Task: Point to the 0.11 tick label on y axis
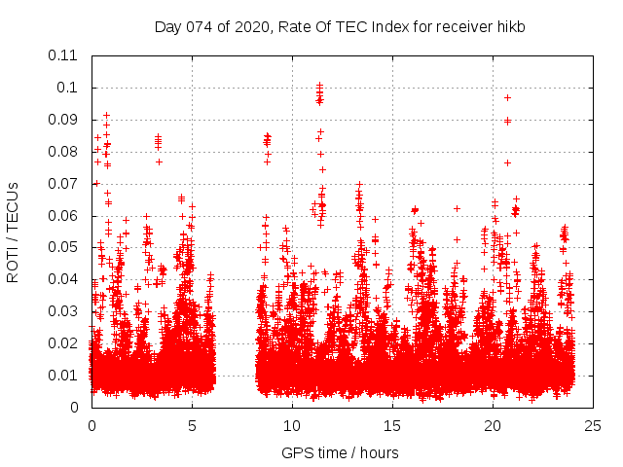[x=64, y=55]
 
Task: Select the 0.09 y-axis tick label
[x=64, y=120]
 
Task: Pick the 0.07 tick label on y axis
[x=64, y=183]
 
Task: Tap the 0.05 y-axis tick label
[x=64, y=247]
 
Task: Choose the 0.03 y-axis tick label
[x=64, y=311]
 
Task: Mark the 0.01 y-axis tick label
[x=64, y=376]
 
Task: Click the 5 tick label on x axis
[x=192, y=425]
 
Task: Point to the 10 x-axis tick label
[x=292, y=425]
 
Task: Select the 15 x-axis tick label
[x=392, y=425]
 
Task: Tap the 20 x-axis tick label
[x=493, y=425]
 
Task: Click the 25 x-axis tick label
[x=593, y=425]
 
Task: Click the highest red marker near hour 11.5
[x=319, y=86]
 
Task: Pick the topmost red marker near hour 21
[x=507, y=97]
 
